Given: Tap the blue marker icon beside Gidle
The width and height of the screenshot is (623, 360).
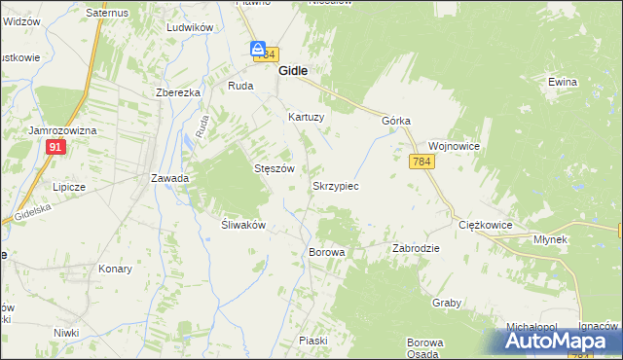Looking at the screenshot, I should [258, 49].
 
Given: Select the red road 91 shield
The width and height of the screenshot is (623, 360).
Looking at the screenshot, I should [55, 147].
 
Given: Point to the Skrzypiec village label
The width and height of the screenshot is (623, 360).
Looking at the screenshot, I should [336, 185].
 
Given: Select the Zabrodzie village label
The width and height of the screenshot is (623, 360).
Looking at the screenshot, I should [416, 248].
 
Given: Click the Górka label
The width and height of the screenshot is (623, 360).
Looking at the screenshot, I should [396, 121].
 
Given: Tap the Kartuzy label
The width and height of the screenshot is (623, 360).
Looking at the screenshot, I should [306, 116].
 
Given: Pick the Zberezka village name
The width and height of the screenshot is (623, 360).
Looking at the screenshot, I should [178, 92].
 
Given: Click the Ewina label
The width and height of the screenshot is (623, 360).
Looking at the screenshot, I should [562, 83].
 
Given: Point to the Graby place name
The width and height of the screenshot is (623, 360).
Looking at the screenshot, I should [447, 303].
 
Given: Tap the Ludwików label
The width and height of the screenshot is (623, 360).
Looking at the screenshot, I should [190, 28].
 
